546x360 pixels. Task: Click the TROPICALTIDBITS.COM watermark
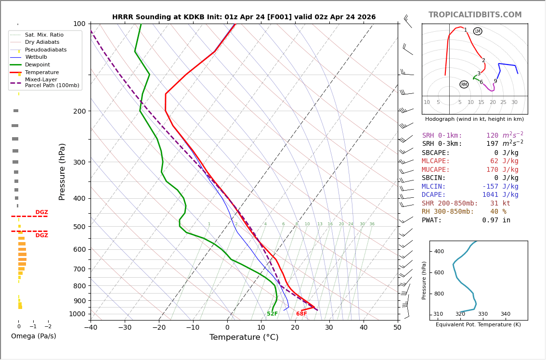point(475,15)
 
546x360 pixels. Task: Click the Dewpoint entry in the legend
point(37,64)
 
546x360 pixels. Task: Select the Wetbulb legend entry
point(36,57)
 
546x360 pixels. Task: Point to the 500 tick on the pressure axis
point(78,227)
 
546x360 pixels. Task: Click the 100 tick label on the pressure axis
point(78,24)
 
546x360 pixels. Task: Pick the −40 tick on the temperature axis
point(91,328)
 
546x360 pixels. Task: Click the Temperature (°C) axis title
point(244,337)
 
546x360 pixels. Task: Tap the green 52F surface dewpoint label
point(272,314)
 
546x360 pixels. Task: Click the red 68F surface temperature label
point(301,314)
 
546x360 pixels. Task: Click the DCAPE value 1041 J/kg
point(500,195)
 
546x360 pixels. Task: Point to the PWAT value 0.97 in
point(496,220)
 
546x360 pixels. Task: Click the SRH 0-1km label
point(442,136)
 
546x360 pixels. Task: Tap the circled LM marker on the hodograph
point(477,31)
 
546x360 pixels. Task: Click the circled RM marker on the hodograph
point(464,85)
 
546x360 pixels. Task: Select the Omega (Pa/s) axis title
point(33,336)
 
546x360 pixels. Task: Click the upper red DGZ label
point(41,212)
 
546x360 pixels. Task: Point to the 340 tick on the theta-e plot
point(505,314)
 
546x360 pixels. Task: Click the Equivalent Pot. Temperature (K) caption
point(478,325)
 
